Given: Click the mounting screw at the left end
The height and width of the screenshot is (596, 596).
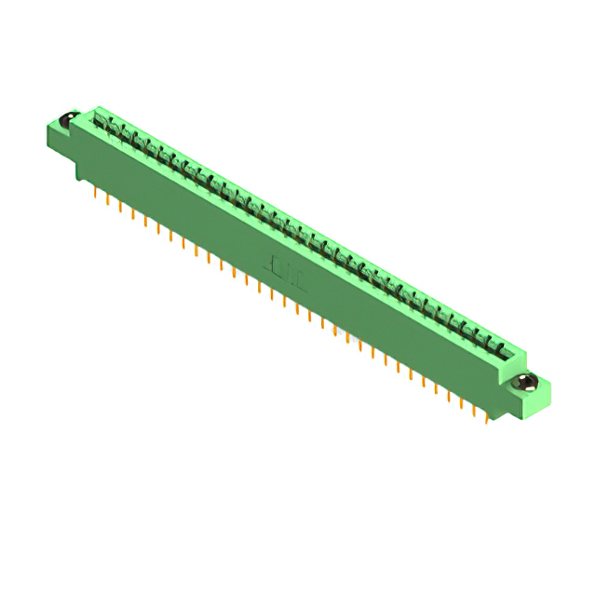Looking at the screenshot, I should [67, 120].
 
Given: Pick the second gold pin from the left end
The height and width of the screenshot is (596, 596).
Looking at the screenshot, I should [109, 200].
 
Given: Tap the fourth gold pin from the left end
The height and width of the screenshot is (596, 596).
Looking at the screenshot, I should [133, 214].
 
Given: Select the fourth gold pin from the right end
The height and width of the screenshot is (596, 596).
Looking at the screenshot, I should [449, 396].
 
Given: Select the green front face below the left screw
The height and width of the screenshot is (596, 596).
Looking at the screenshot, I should [59, 140].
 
